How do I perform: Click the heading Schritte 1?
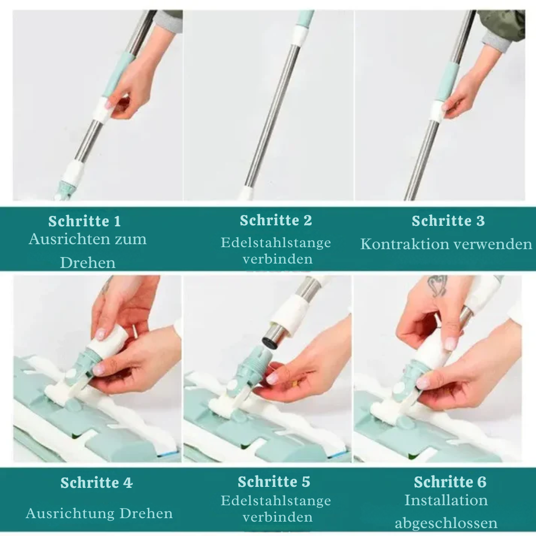click(x=85, y=221)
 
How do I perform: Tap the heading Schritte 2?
click(x=276, y=220)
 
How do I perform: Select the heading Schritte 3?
click(x=448, y=221)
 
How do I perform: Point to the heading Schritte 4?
click(x=96, y=483)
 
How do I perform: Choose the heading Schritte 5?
click(x=274, y=481)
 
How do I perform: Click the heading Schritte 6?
click(x=450, y=482)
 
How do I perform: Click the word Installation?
click(x=446, y=500)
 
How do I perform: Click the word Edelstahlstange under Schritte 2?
click(x=276, y=243)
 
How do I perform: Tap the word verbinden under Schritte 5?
click(x=277, y=517)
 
